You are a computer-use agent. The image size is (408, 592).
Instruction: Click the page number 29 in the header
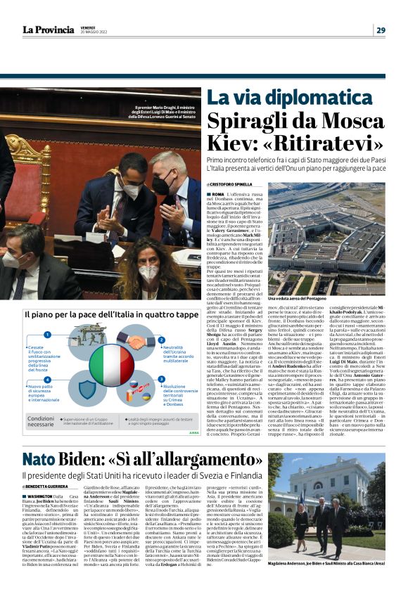click(x=380, y=30)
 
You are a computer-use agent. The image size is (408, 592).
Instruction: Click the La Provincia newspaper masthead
click(x=48, y=30)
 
